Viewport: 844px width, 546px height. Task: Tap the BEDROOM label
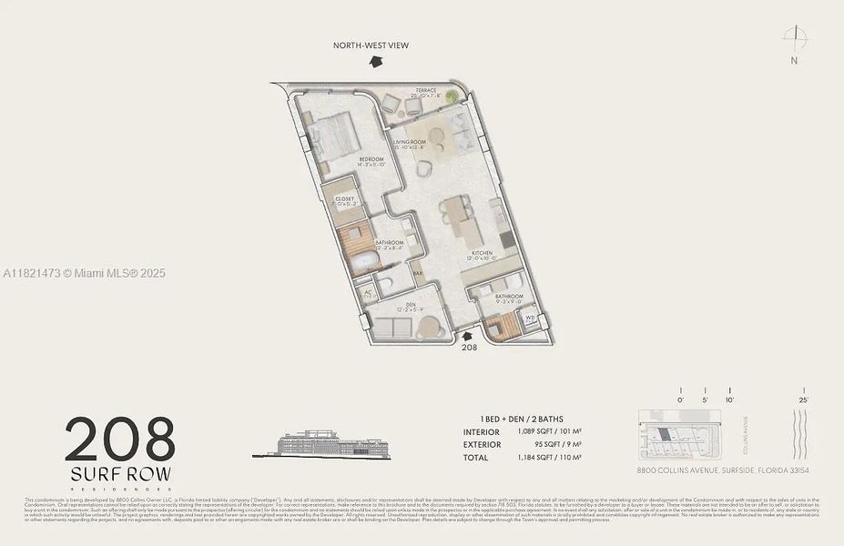tap(371, 159)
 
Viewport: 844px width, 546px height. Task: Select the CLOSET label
tap(345, 197)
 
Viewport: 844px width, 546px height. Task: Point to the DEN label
tap(398, 306)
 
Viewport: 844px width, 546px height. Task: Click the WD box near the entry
tap(530, 318)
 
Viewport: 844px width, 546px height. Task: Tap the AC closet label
tap(367, 293)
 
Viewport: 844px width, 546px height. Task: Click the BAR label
tap(419, 272)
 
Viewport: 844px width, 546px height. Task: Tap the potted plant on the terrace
tap(453, 96)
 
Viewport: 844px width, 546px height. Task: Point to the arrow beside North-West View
tap(374, 61)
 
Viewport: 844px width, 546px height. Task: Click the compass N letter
tap(794, 61)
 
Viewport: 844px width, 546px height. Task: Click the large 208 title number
tap(120, 440)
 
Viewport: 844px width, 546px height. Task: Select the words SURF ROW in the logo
tap(120, 475)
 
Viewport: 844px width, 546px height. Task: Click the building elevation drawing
tap(333, 442)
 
